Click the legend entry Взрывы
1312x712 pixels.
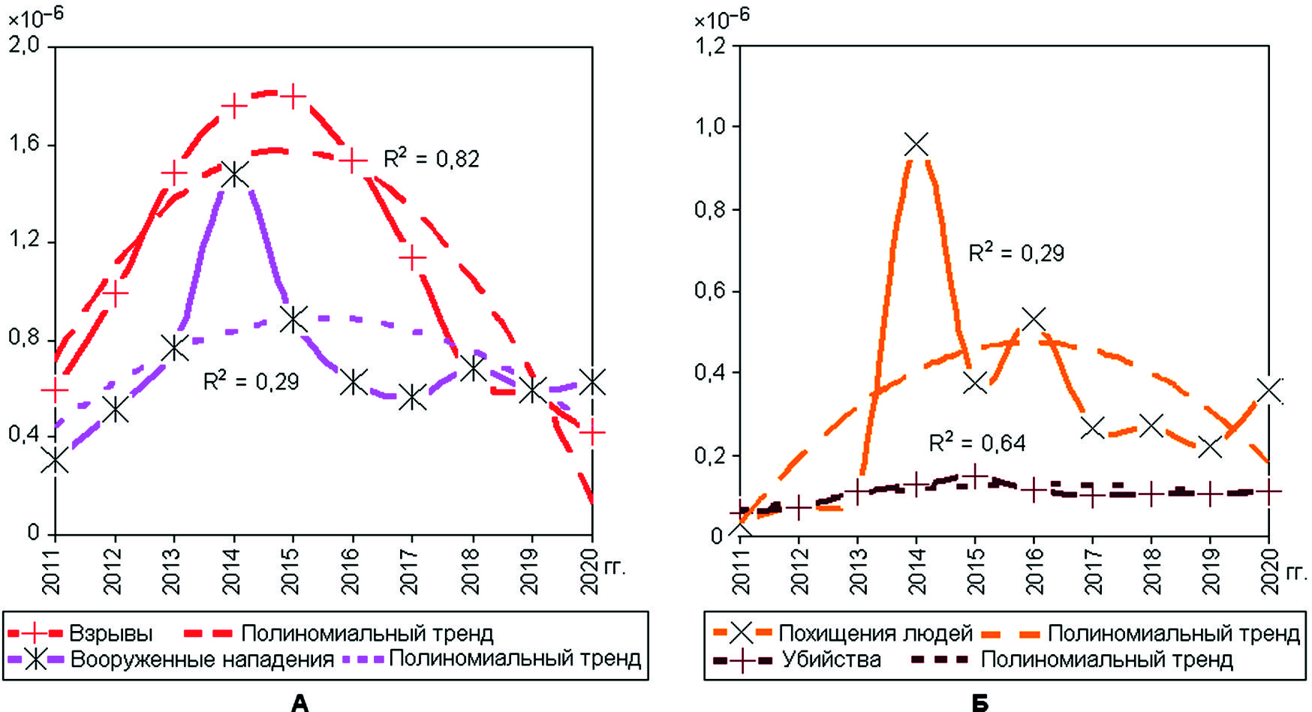click(110, 633)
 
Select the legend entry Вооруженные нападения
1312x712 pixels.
click(201, 659)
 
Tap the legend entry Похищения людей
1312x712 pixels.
click(875, 633)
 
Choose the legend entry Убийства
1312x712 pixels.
click(831, 659)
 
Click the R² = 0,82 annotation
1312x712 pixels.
click(431, 158)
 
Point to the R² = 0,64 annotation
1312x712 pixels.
click(976, 443)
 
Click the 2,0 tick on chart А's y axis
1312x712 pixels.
click(23, 45)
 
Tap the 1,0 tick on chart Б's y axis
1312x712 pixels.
click(709, 126)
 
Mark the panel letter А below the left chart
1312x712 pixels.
click(299, 702)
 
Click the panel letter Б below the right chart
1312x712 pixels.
click(979, 702)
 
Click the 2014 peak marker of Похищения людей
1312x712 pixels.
click(916, 144)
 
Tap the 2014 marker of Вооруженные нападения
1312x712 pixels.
click(234, 175)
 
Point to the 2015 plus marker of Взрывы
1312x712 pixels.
click(293, 97)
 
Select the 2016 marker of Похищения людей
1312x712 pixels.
click(1034, 319)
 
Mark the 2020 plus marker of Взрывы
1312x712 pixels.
click(593, 433)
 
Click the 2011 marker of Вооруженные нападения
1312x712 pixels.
click(55, 460)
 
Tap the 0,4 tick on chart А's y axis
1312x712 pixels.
click(23, 434)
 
